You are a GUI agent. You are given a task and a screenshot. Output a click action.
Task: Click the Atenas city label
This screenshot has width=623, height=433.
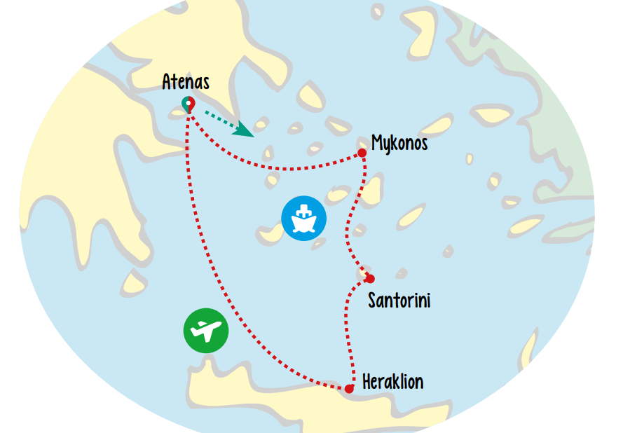tap(186, 82)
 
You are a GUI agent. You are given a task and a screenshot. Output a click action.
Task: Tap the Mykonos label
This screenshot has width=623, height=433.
tap(399, 144)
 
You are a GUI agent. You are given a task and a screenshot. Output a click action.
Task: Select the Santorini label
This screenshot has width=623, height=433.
tap(399, 301)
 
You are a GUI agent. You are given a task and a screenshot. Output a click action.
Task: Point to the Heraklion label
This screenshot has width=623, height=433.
tap(392, 382)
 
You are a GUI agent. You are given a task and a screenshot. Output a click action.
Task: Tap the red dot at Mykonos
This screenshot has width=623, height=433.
tap(362, 153)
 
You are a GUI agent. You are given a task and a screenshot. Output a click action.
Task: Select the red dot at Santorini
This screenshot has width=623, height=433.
tap(369, 278)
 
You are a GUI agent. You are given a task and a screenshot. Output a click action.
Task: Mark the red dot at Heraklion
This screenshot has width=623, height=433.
tap(349, 388)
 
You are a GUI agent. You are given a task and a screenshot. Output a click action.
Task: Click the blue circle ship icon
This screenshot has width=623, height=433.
tap(303, 219)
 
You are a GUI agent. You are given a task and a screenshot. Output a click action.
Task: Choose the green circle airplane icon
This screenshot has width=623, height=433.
tap(206, 329)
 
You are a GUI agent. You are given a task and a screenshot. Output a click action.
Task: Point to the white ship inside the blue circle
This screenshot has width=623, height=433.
tap(303, 219)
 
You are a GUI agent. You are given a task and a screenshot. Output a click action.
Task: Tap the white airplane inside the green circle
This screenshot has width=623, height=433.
tap(206, 329)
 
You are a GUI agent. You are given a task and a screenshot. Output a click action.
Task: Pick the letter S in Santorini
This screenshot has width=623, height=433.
tap(374, 301)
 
